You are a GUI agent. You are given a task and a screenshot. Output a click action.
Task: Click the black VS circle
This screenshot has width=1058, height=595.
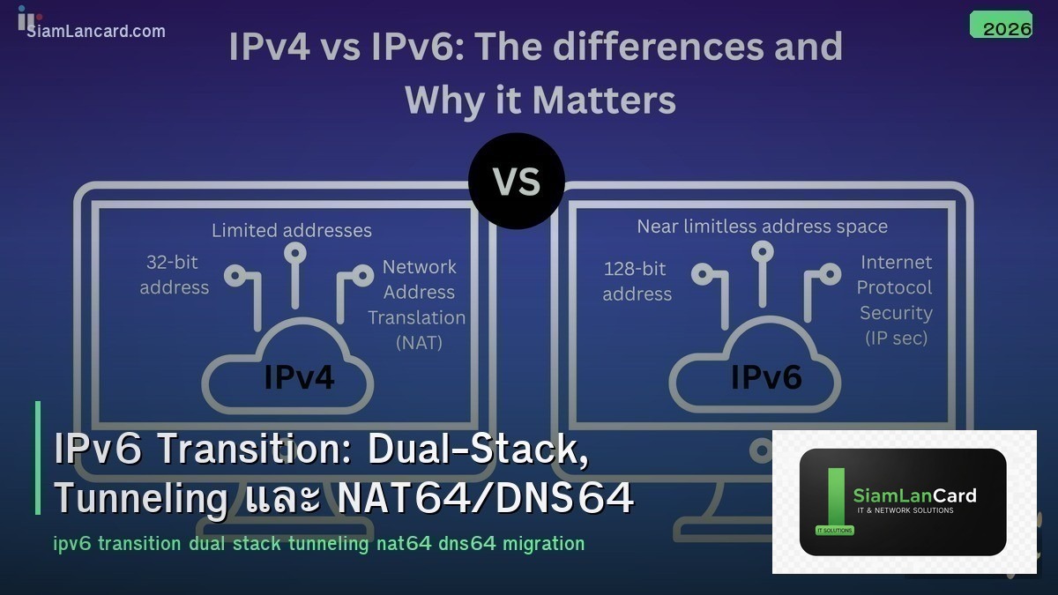(516, 181)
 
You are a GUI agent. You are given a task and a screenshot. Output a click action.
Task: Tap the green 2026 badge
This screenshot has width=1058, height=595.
(1001, 26)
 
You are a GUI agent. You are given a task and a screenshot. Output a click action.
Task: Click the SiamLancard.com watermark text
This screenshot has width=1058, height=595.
(96, 32)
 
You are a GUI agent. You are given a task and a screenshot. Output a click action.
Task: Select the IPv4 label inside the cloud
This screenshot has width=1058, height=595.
(299, 376)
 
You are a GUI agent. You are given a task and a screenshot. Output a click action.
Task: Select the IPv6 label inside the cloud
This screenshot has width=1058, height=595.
(766, 376)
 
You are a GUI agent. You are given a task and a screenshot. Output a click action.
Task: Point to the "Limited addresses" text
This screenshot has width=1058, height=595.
(292, 231)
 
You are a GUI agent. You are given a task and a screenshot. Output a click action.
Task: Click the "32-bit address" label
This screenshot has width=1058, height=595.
(175, 275)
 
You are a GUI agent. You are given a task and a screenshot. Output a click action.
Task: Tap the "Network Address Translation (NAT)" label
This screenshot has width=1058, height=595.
(418, 304)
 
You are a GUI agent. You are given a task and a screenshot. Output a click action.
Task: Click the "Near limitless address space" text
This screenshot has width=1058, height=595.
(762, 227)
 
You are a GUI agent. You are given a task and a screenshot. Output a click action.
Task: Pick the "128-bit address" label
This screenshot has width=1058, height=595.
(637, 281)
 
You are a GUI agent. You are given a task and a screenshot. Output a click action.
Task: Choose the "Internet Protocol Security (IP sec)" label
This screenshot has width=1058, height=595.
(895, 300)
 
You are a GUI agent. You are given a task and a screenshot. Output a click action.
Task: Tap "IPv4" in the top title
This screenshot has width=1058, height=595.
(269, 47)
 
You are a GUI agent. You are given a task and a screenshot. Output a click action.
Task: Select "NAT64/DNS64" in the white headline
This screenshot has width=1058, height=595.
(485, 499)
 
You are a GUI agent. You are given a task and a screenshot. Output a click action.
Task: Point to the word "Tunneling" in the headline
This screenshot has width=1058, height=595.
(141, 499)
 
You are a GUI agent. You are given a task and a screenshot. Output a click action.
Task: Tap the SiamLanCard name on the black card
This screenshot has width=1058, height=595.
(914, 495)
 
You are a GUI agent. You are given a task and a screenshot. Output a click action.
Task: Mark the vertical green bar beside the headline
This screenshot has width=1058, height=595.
(38, 457)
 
